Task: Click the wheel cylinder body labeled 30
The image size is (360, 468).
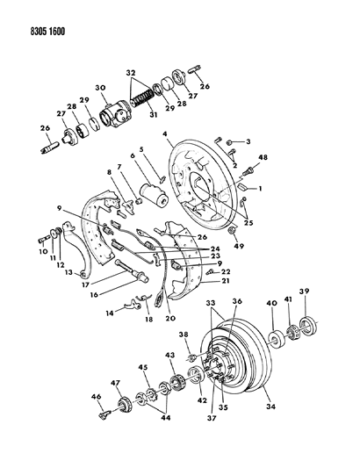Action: pyautogui.click(x=115, y=116)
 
